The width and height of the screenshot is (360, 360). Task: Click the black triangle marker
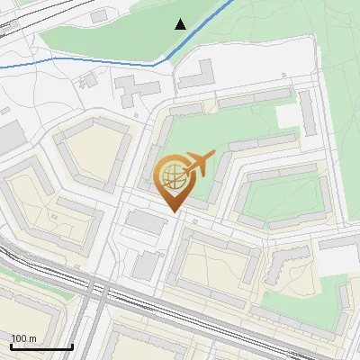(x=181, y=24)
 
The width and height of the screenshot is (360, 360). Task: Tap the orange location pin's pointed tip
(x=174, y=211)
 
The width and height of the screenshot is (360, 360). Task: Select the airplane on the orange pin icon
(x=200, y=164)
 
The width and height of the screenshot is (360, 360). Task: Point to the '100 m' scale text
(x=23, y=338)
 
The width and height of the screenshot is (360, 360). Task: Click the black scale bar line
(x=41, y=346)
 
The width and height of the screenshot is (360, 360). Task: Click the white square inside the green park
(x=290, y=116)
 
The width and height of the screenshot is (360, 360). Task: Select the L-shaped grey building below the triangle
(x=197, y=76)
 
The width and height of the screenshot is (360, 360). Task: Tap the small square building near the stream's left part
(x=87, y=80)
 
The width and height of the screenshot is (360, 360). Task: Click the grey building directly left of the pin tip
(x=141, y=220)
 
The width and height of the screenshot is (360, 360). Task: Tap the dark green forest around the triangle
(x=135, y=31)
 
